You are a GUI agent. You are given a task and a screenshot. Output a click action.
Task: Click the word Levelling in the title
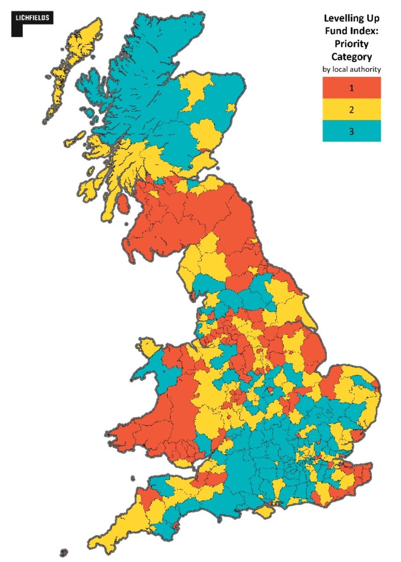338,19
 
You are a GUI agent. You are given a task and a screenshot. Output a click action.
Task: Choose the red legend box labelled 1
351,88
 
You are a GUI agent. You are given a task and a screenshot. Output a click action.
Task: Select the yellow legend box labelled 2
351,110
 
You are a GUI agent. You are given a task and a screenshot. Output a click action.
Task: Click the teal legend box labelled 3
351,131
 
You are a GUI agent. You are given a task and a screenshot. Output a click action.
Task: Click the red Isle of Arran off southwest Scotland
123,203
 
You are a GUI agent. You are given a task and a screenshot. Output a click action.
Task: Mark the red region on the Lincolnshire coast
311,349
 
